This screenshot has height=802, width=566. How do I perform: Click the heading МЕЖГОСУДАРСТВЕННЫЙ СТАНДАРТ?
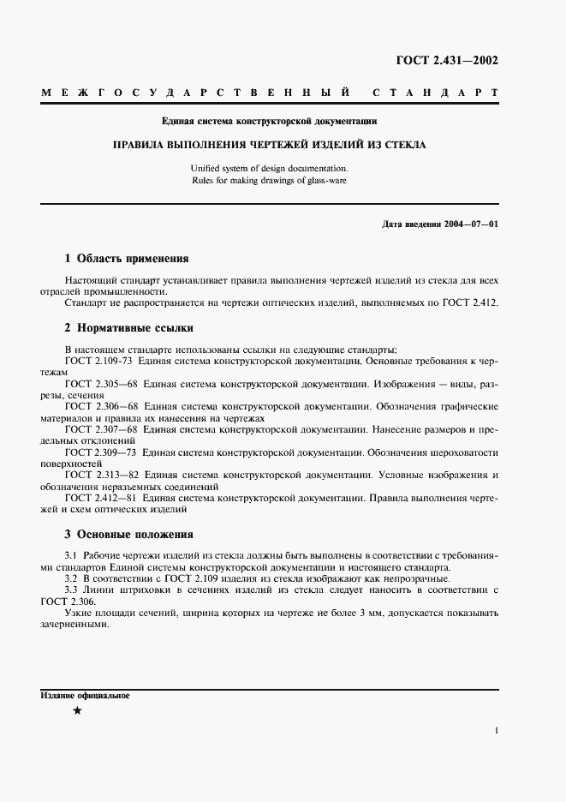270,92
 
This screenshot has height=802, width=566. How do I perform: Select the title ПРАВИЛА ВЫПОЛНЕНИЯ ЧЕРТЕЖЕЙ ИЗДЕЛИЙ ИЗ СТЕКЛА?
270,145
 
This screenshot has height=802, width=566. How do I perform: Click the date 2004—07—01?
470,224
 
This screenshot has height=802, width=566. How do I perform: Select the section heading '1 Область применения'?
127,258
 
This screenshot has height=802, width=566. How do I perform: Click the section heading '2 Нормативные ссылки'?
129,327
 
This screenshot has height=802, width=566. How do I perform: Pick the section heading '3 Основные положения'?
129,533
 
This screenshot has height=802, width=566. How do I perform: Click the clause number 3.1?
72,556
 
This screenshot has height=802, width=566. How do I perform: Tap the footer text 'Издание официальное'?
85,695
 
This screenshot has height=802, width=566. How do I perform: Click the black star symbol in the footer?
78,711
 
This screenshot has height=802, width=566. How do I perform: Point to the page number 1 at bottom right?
496,731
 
